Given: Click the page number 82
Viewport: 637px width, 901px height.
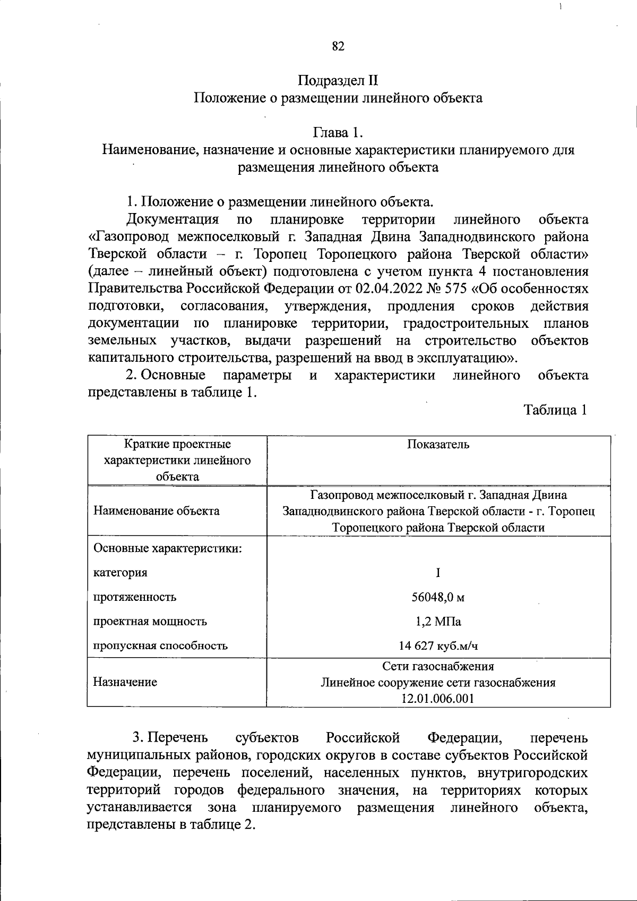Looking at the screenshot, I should [x=338, y=47].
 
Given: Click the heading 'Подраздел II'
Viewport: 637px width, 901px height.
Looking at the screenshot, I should [x=338, y=81].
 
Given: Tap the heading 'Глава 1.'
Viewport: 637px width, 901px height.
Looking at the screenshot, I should [x=338, y=132].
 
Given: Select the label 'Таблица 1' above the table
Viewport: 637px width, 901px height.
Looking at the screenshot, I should [x=556, y=410].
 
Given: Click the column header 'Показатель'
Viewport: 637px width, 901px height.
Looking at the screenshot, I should [x=438, y=444].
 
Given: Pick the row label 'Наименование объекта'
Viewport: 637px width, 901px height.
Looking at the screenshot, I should [x=156, y=511].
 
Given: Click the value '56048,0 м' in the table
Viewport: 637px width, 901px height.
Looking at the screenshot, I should [x=438, y=597].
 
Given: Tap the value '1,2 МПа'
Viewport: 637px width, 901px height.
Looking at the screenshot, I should [x=438, y=622].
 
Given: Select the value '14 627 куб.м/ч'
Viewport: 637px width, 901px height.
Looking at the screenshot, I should [x=438, y=646].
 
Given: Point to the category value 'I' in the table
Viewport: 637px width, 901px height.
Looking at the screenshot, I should [x=438, y=573].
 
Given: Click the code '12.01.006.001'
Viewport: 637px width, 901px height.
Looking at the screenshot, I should [x=438, y=699].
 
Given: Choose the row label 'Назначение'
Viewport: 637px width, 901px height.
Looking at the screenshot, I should [x=125, y=682].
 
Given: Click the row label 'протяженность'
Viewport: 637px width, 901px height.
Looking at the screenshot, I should [x=135, y=597].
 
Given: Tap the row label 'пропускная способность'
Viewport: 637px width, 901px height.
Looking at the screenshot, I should [x=160, y=646].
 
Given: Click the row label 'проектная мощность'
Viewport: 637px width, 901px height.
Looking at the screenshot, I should [x=150, y=622].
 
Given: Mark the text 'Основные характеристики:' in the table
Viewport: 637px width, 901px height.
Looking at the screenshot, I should [x=168, y=548].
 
